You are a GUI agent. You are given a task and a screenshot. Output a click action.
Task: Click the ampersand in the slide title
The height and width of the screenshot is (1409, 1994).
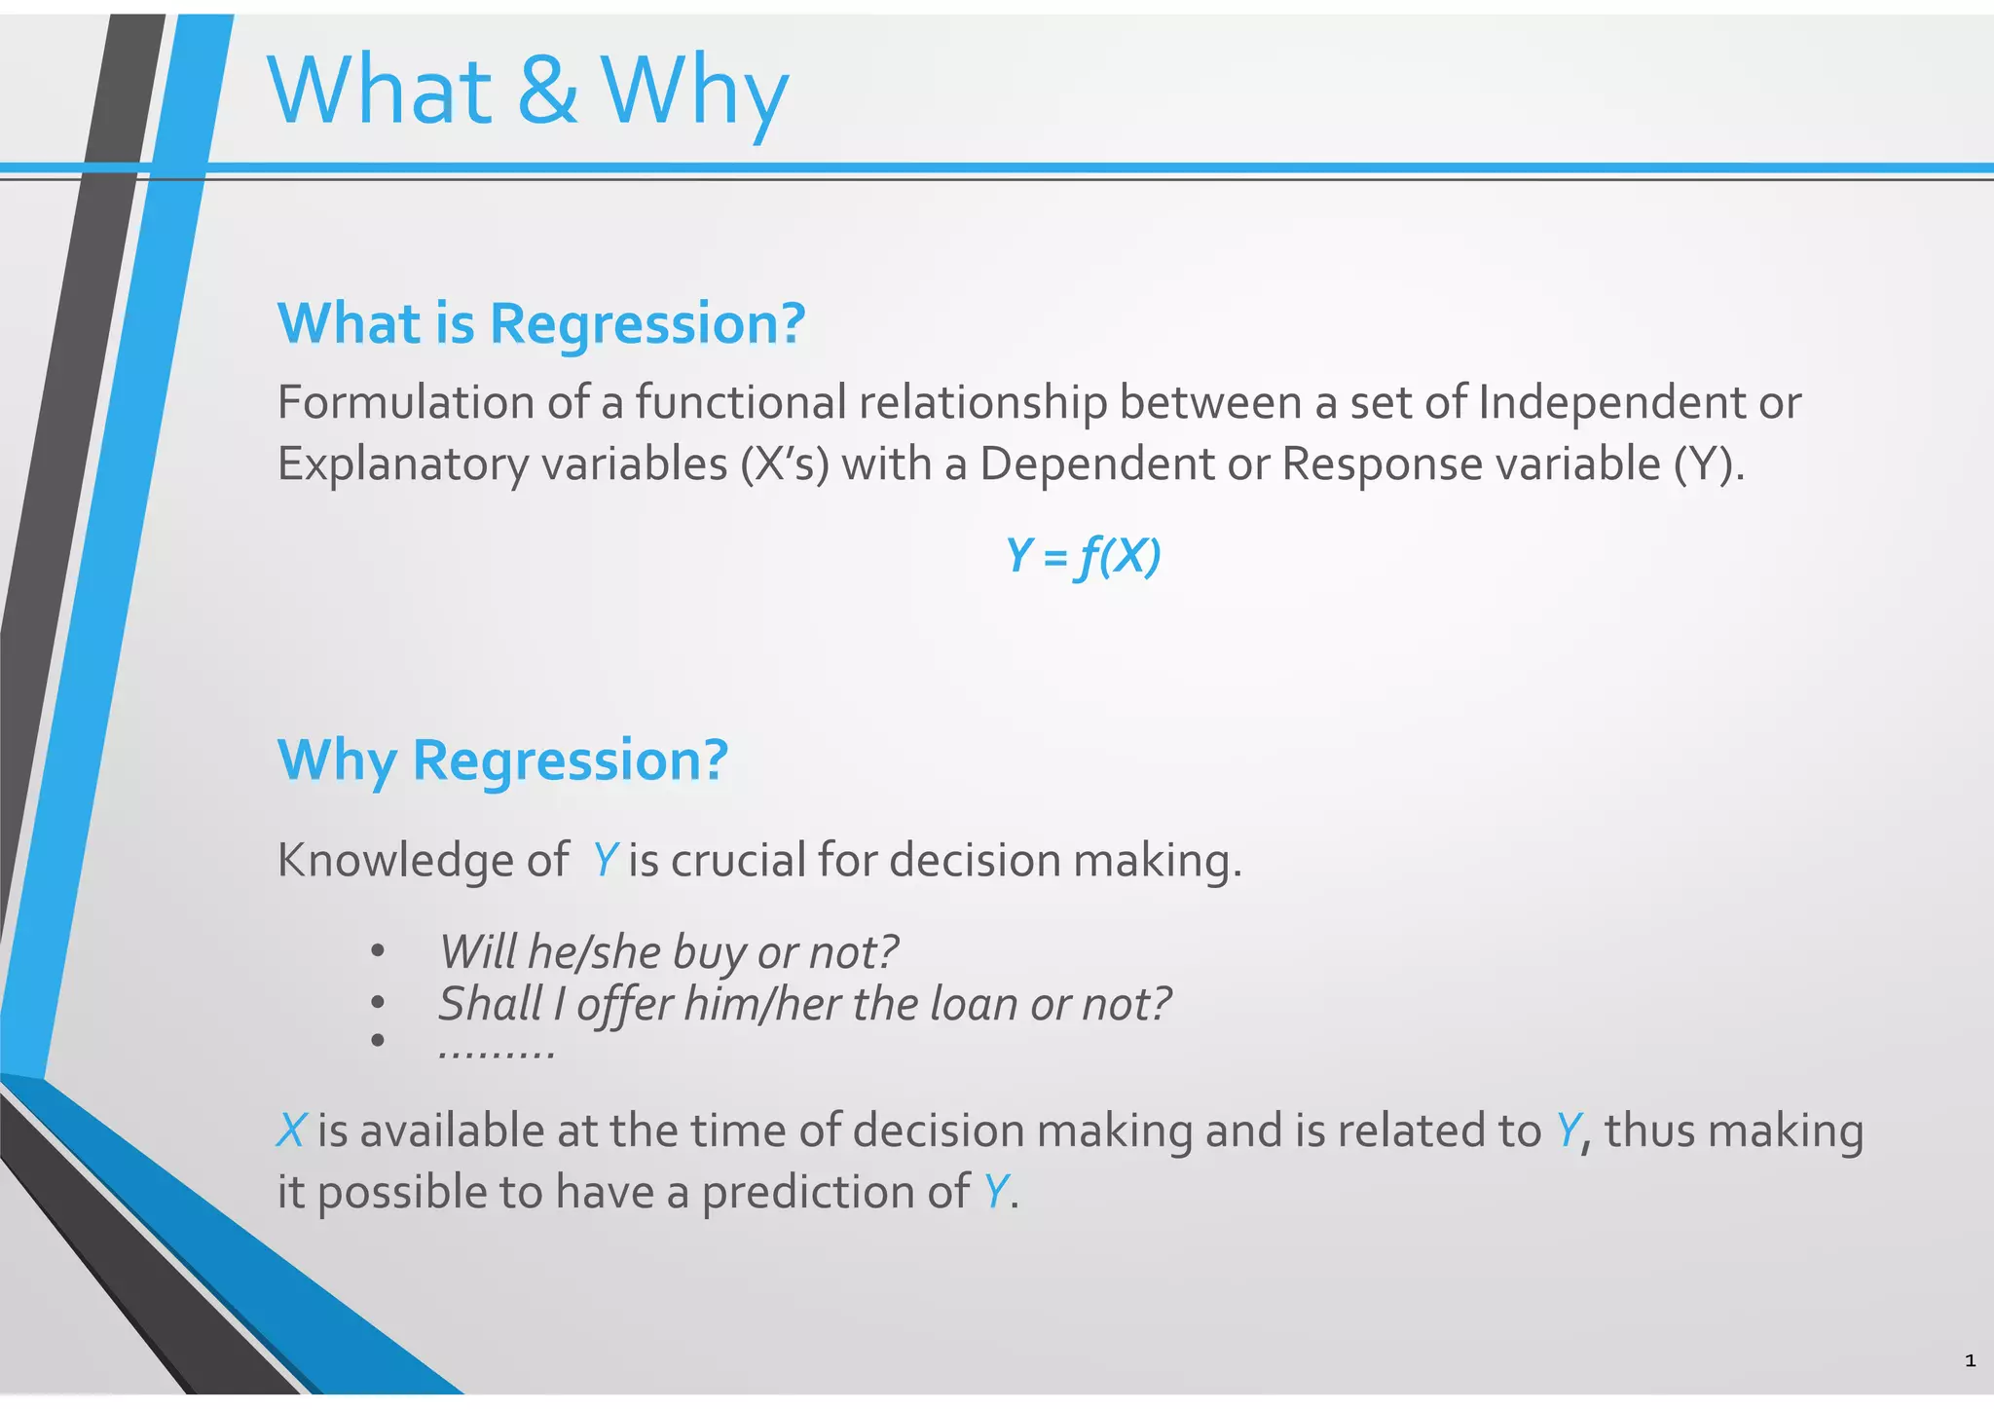click(x=547, y=91)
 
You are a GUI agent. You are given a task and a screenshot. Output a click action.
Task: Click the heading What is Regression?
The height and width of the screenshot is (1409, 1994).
click(x=541, y=323)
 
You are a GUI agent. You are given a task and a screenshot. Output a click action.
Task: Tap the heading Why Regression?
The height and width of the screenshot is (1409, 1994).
click(x=502, y=760)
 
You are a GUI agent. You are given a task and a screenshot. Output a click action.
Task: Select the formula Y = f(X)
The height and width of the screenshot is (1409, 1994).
click(x=1083, y=557)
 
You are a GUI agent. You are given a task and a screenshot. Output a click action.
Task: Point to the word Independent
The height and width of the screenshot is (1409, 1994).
click(x=1611, y=402)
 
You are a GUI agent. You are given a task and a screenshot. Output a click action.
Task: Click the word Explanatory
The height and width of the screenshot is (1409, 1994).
click(x=402, y=464)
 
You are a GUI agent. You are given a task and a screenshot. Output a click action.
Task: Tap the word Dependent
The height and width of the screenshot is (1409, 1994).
click(x=1096, y=464)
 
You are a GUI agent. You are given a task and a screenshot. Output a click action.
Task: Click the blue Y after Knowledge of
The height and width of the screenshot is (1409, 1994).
click(x=605, y=861)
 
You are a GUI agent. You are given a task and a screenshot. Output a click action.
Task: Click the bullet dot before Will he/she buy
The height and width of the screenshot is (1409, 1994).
click(x=378, y=951)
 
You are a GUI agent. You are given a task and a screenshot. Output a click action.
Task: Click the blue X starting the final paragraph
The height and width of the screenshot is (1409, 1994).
click(x=291, y=1131)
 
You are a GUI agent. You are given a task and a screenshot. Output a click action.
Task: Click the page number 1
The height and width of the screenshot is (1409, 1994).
click(x=1970, y=1360)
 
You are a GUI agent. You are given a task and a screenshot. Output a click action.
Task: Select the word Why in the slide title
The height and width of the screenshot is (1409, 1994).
click(x=694, y=91)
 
